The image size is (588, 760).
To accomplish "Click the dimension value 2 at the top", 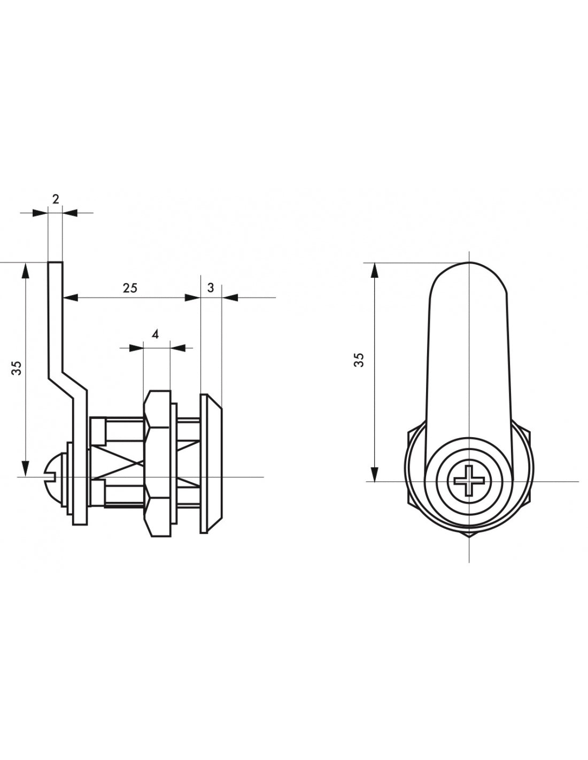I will pyautogui.click(x=56, y=199).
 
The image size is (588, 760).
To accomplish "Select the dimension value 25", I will pyautogui.click(x=130, y=288).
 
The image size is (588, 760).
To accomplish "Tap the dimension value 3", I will pyautogui.click(x=211, y=288).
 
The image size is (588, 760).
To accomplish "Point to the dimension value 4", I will pyautogui.click(x=156, y=335).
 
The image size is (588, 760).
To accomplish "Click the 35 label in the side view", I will pyautogui.click(x=17, y=368).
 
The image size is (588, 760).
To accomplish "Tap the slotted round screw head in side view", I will pyautogui.click(x=52, y=476).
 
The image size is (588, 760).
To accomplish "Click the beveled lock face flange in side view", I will pyautogui.click(x=211, y=463).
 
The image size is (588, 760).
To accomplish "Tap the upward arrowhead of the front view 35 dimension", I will pyautogui.click(x=375, y=270).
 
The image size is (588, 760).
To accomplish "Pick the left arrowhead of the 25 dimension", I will pyautogui.click(x=71, y=298).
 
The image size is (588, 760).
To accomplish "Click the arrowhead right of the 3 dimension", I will pyautogui.click(x=230, y=298).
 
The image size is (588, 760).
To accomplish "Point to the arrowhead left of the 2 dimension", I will pyautogui.click(x=40, y=213).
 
